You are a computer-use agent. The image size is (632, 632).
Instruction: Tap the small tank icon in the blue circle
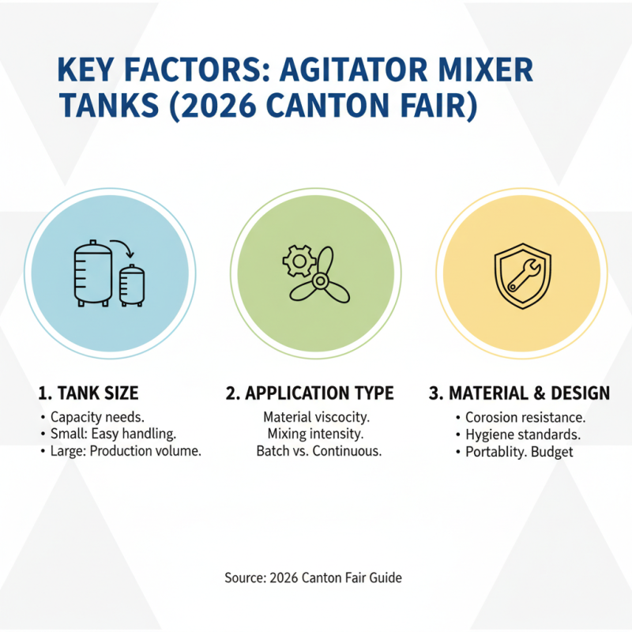pyautogui.click(x=132, y=285)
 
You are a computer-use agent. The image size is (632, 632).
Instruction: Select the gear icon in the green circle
pyautogui.click(x=298, y=260)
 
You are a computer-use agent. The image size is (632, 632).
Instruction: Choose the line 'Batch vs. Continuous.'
pyautogui.click(x=319, y=452)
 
